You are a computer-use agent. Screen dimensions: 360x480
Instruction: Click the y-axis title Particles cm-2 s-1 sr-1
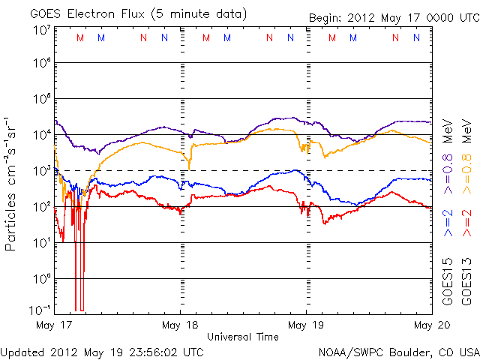coord(12,184)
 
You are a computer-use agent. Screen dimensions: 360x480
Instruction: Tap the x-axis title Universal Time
coord(242,337)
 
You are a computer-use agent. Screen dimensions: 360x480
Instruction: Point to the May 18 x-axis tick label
coord(180,325)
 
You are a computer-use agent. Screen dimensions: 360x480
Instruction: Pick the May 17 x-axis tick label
coord(54,325)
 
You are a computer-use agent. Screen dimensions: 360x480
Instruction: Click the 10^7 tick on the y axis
coord(41,29)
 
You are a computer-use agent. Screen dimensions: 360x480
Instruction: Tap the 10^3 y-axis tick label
coord(41,170)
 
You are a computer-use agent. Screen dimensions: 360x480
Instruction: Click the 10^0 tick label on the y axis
coord(41,278)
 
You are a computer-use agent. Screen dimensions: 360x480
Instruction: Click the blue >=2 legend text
coord(448,223)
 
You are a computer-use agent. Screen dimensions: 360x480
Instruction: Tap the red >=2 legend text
coord(467,223)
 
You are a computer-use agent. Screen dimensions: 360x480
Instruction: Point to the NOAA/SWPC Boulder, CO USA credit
coord(397,350)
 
